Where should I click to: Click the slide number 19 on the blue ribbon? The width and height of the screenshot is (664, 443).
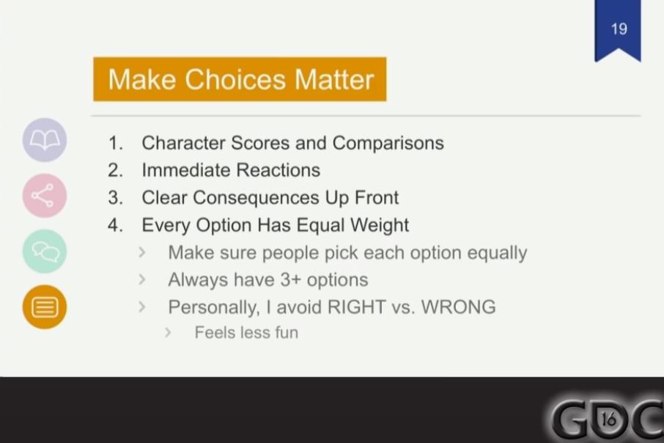[x=619, y=29]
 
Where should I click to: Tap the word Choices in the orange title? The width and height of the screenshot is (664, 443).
[x=235, y=79]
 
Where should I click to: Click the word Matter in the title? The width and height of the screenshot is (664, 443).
[x=334, y=79]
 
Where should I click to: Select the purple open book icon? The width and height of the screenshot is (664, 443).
[x=45, y=140]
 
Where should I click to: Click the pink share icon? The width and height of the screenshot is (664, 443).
[x=45, y=195]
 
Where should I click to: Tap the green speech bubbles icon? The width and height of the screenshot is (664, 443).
[x=45, y=251]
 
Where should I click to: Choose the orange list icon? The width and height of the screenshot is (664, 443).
[x=45, y=307]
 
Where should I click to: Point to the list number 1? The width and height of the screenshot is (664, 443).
[x=115, y=143]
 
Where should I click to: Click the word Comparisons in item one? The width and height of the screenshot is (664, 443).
[x=388, y=143]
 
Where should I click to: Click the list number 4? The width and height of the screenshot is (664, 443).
[x=115, y=225]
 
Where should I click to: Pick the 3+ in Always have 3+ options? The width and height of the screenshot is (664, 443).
[x=289, y=279]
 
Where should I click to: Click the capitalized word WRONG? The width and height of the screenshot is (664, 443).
[x=458, y=307]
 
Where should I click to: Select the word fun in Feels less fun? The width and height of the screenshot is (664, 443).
[x=287, y=332]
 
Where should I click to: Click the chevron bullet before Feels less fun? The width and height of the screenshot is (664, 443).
[x=168, y=332]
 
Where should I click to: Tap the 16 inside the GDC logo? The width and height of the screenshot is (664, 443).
[x=608, y=420]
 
